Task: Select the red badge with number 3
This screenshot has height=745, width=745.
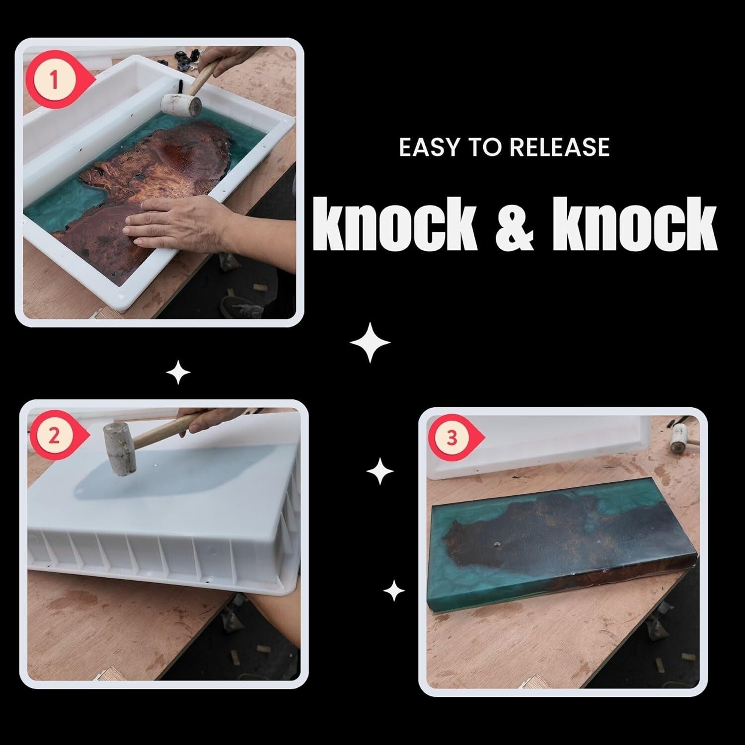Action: tap(452, 439)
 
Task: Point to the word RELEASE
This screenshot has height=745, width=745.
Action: tap(560, 148)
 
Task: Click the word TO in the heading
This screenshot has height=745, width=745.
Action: tap(480, 148)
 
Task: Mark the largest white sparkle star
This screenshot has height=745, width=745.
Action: tap(370, 342)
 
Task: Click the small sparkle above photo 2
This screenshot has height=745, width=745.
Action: tap(178, 372)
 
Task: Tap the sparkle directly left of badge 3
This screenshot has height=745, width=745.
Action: tap(380, 471)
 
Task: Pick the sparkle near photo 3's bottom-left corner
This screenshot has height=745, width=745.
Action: tap(394, 591)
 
